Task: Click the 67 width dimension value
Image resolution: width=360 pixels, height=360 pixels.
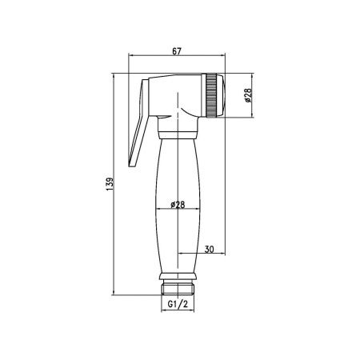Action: [x=177, y=52]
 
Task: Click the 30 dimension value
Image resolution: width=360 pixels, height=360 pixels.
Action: [x=210, y=250]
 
